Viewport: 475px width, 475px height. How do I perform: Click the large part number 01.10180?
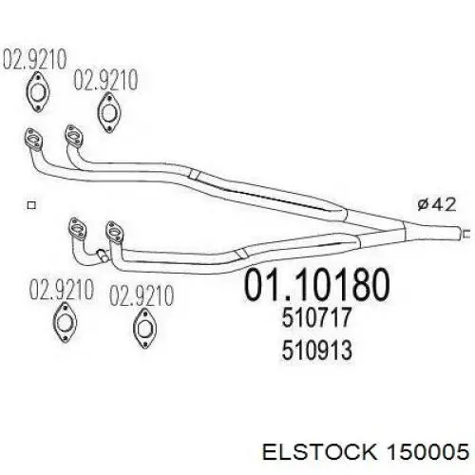coord(316,284)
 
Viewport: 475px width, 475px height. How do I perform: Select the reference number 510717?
coord(316,317)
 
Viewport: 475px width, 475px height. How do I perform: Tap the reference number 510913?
coord(316,350)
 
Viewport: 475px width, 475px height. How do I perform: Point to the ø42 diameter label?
coord(437,204)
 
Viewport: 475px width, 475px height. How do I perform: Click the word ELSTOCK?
coord(320,451)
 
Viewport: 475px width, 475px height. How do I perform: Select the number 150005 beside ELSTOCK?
coord(428,451)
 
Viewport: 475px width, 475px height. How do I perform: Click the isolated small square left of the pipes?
coord(31,205)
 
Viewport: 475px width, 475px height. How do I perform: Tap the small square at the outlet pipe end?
coord(466,234)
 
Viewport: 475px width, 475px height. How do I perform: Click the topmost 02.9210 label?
coord(35,59)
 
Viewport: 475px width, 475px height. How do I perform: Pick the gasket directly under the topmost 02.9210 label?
coord(38,92)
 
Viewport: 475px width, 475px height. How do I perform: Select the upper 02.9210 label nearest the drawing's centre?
coord(105,80)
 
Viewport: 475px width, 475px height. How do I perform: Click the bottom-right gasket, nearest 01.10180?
coord(144,328)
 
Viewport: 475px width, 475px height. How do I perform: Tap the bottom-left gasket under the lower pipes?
coord(65,322)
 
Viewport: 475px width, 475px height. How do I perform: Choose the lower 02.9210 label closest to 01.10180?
coord(142,295)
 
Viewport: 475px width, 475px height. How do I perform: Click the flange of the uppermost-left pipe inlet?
coord(34,140)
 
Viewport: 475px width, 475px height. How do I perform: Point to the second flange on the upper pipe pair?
coord(74,136)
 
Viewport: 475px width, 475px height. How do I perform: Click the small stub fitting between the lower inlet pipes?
coord(103,255)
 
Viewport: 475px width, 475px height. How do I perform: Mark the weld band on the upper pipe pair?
coord(194,174)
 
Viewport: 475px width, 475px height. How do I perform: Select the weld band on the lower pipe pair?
coord(242,253)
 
